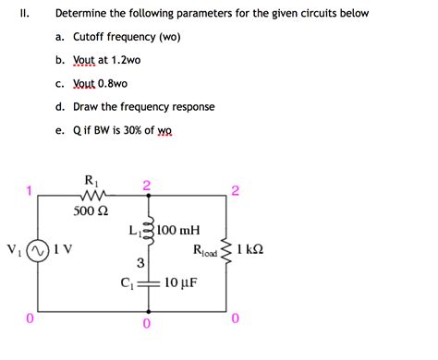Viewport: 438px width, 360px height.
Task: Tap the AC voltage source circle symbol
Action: (36, 250)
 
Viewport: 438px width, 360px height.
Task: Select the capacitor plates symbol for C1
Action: (146, 282)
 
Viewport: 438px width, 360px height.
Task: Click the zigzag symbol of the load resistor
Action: (224, 249)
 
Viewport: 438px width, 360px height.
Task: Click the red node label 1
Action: (30, 192)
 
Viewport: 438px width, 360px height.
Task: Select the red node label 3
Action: (140, 263)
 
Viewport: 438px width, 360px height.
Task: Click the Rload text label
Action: (204, 250)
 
